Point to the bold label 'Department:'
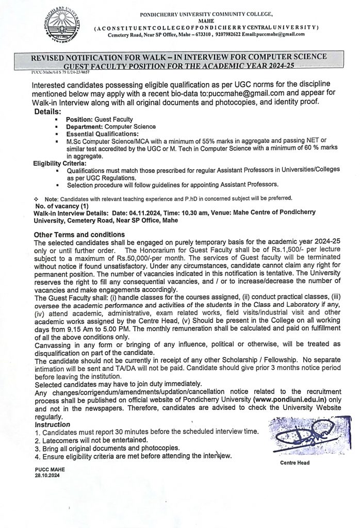click(x=85, y=126)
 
